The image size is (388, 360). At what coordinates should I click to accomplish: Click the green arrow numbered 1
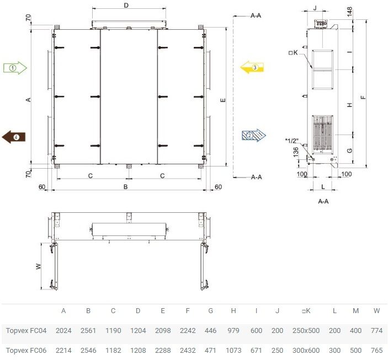tap(15, 68)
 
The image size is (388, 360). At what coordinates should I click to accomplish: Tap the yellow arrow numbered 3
tap(252, 67)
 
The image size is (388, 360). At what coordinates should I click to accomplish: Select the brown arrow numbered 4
tap(14, 137)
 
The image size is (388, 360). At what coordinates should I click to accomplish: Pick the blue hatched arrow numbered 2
tap(254, 135)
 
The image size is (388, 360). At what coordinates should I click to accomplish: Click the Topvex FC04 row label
tap(26, 331)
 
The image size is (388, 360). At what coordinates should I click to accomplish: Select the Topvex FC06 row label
tap(26, 351)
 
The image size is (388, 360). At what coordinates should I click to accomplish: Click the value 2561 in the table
tap(88, 331)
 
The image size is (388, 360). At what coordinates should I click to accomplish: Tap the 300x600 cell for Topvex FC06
tap(306, 351)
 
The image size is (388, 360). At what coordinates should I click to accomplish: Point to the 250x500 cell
tap(306, 331)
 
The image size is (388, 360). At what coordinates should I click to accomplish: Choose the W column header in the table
tap(376, 311)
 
